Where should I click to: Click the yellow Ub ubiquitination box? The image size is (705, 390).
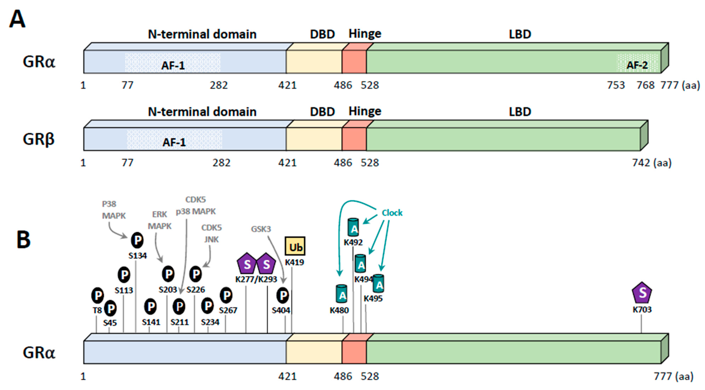click(x=295, y=246)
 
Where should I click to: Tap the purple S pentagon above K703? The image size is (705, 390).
click(x=642, y=293)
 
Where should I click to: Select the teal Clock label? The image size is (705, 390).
click(x=392, y=213)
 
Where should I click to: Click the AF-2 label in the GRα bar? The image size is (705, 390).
click(x=637, y=65)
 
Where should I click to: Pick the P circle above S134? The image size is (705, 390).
click(x=137, y=240)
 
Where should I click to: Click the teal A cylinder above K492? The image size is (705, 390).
click(x=353, y=227)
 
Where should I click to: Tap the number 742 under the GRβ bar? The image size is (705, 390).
click(x=641, y=163)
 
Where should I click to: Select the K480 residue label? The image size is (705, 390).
click(x=339, y=310)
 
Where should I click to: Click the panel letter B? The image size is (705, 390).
click(x=24, y=239)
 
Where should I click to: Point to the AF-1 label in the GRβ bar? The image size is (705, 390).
click(x=174, y=142)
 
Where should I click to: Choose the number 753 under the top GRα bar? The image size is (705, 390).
click(x=616, y=85)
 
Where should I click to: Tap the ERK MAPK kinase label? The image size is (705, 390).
click(x=160, y=220)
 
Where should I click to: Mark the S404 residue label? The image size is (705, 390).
click(x=281, y=310)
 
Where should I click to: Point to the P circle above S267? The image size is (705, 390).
click(x=226, y=295)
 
